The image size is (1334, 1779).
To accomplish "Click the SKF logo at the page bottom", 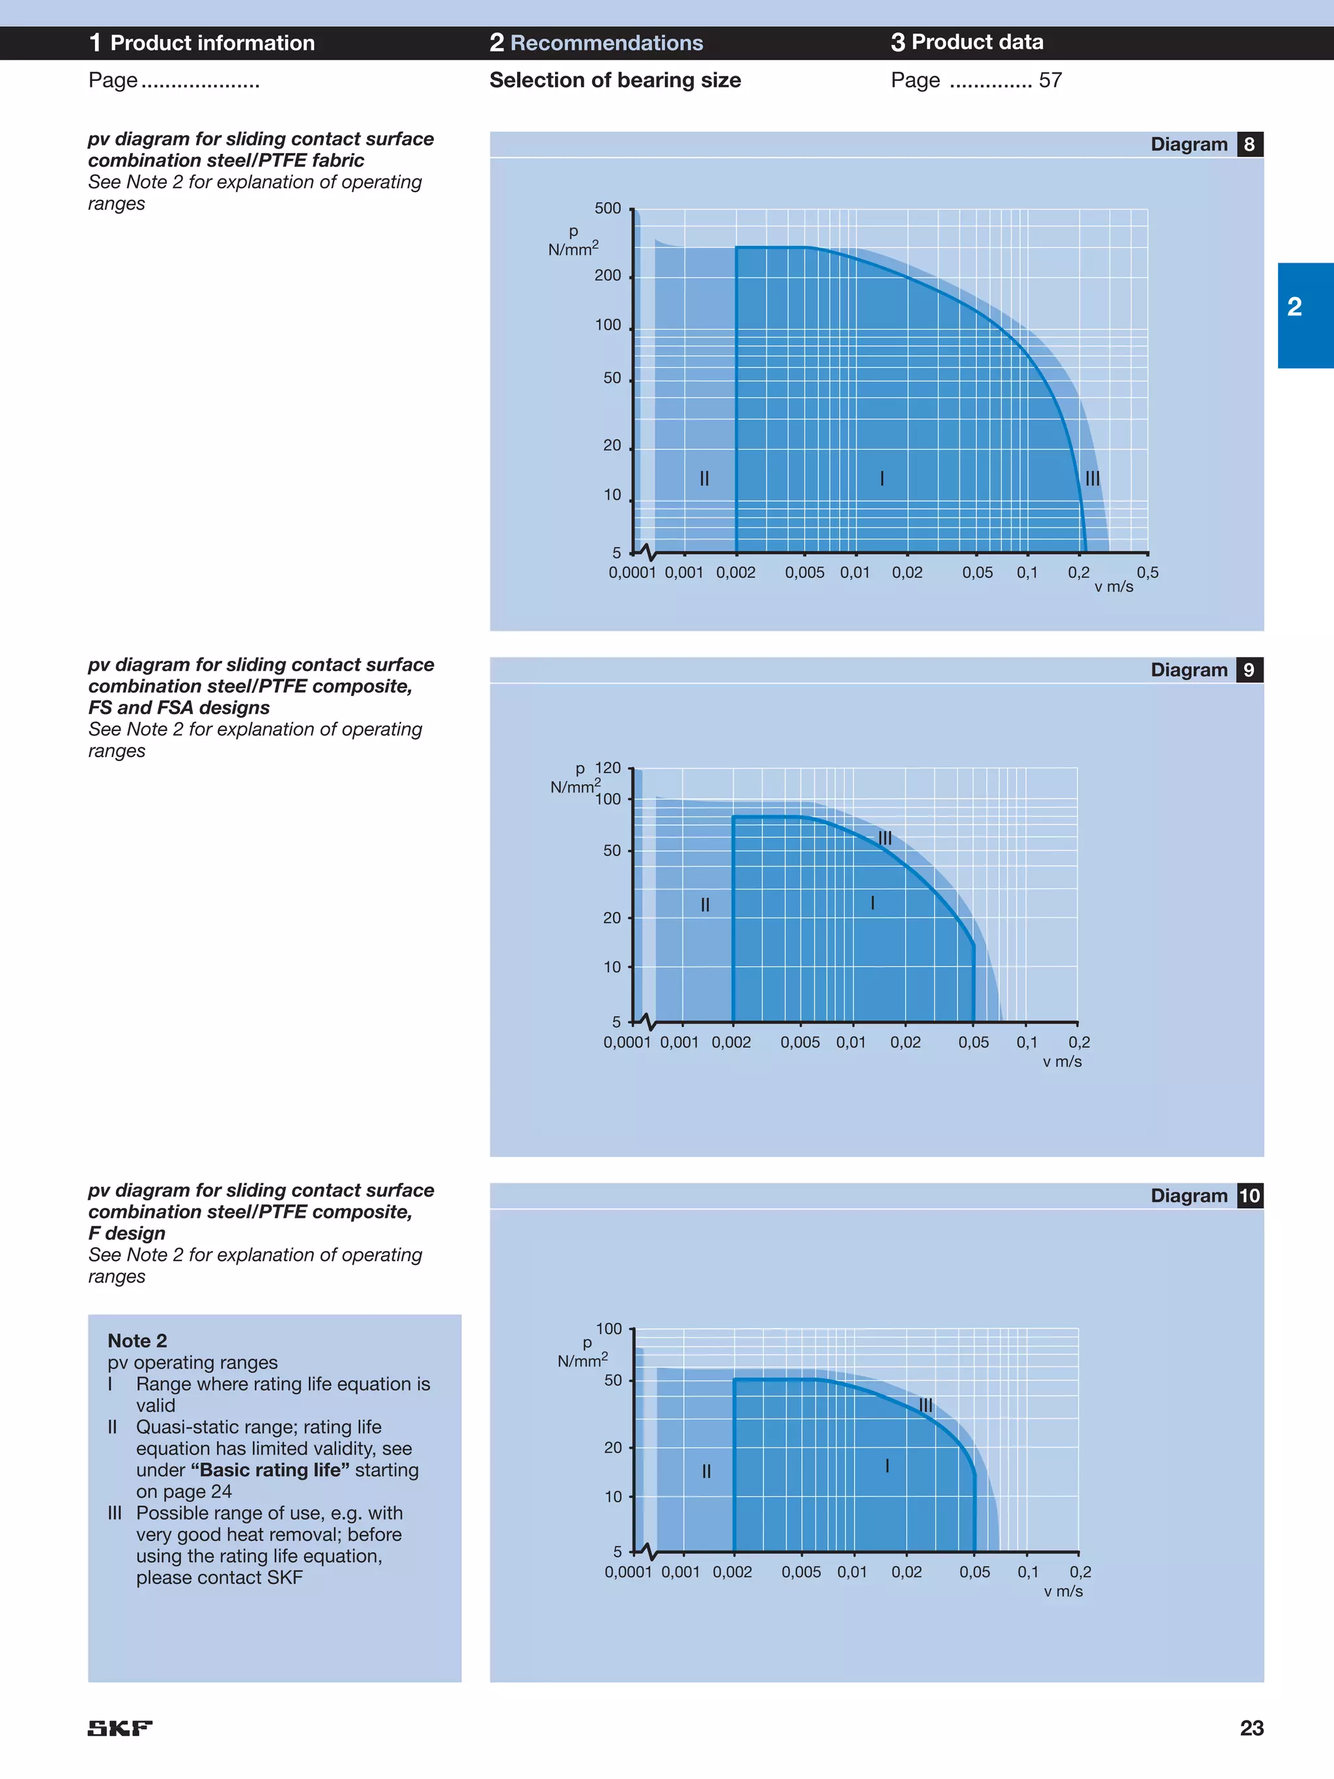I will [120, 1728].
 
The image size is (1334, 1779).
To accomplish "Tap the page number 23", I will [1251, 1728].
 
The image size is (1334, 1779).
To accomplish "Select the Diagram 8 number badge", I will [1249, 145].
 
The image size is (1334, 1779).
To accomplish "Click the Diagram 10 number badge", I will [1249, 1196].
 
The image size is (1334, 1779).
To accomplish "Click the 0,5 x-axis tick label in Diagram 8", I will [1148, 573].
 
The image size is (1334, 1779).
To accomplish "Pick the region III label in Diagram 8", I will [1092, 478].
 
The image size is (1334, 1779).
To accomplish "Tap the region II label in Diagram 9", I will [705, 904].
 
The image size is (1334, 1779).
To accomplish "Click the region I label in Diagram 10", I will [887, 1466].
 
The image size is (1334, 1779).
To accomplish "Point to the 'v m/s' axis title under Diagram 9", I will [1062, 1062].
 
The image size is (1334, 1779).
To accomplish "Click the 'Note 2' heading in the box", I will [137, 1340].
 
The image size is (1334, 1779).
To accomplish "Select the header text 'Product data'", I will [977, 42].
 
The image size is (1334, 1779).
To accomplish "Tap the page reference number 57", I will [1050, 80].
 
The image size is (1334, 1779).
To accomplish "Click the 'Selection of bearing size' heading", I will [615, 80].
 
